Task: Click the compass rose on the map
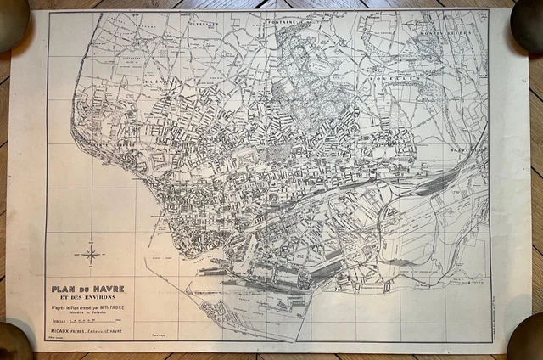89,252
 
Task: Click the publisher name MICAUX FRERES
72,333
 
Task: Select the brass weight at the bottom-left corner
13,342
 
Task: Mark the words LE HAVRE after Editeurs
124,333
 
